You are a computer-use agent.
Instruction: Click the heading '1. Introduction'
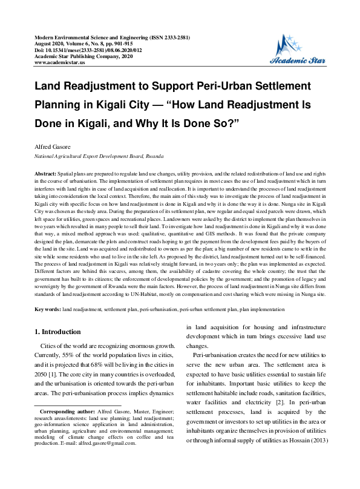click(x=57, y=332)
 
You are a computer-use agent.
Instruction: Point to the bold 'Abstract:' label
click(x=47, y=173)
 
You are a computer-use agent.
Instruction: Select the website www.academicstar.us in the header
click(x=60, y=62)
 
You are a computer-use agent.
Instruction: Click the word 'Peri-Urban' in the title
click(x=226, y=86)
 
